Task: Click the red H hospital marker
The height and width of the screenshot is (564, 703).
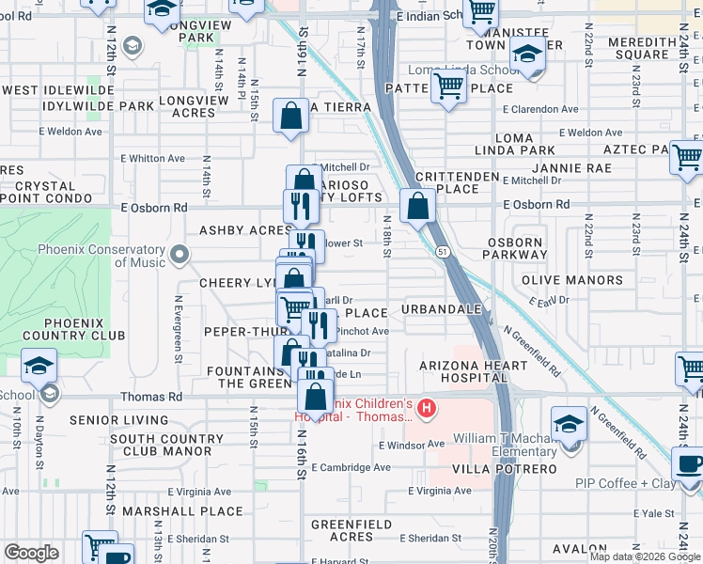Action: [427, 408]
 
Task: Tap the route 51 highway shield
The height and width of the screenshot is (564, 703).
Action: [440, 251]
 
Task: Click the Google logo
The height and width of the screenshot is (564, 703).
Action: [31, 552]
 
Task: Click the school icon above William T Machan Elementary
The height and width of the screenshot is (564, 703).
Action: [569, 422]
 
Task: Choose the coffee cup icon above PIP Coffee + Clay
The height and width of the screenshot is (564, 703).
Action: [690, 463]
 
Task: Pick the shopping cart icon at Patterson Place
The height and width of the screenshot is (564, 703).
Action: [449, 86]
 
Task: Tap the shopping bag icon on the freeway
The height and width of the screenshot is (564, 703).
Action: [416, 205]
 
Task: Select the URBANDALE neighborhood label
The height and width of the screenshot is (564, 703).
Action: [442, 309]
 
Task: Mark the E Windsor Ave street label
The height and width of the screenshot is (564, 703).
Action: [409, 444]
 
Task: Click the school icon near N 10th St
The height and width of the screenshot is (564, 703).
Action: [39, 365]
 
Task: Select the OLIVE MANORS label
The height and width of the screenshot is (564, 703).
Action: [560, 280]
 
